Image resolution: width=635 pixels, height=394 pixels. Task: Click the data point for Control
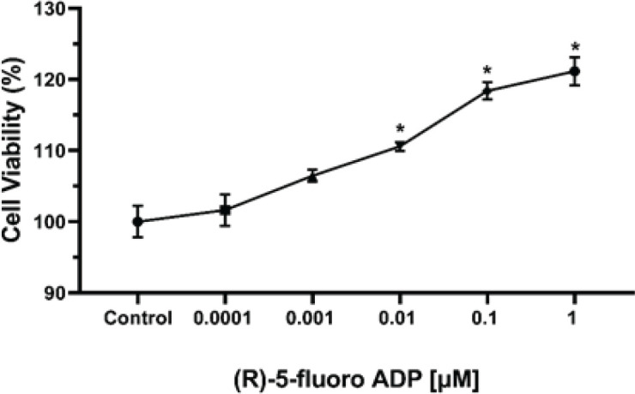[137, 222]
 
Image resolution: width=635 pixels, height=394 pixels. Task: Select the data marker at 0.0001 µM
[225, 210]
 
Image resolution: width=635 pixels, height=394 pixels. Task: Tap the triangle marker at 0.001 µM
[312, 177]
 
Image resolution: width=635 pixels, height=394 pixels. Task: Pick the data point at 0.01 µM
[400, 147]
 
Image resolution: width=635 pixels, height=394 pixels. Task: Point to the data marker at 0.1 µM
[487, 92]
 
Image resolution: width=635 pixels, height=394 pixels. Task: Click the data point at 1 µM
[574, 71]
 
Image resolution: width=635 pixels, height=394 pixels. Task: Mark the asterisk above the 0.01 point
[400, 129]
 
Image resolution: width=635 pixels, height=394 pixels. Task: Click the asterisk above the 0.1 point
[487, 71]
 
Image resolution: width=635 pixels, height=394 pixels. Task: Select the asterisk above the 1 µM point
[574, 47]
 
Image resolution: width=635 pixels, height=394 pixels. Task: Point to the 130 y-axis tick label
[50, 9]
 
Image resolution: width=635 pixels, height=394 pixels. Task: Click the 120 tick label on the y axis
[50, 80]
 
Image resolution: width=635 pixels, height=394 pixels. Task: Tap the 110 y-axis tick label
[50, 151]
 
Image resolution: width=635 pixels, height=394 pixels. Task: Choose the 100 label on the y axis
[50, 222]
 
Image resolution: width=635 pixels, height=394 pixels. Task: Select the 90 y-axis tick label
[55, 293]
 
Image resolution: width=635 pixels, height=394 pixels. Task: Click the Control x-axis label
[138, 319]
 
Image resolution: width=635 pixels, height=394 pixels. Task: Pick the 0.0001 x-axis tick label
[222, 319]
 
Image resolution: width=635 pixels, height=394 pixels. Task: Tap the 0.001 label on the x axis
[310, 319]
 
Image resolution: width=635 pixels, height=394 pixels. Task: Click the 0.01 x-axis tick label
[396, 319]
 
